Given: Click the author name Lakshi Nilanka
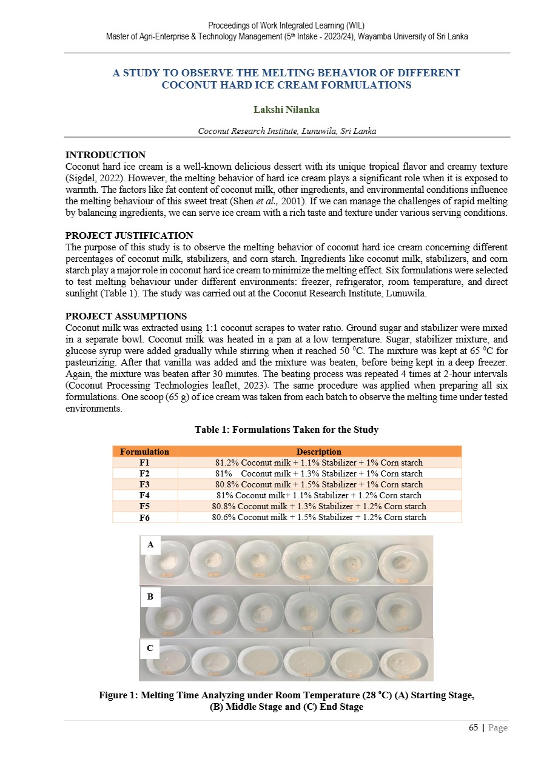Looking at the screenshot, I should [286, 110].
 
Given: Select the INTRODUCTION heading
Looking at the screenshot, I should [105, 155].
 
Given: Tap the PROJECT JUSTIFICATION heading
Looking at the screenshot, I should [129, 235].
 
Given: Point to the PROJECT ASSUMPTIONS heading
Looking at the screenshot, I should [126, 316].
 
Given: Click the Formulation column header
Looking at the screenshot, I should [144, 452].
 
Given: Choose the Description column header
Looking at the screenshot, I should [318, 452].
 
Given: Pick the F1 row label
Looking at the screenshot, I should [144, 463].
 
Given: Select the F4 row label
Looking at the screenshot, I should [144, 495].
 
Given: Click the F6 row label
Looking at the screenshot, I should [144, 517].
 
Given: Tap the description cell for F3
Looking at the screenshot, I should [318, 484].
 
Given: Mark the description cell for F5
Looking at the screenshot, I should [318, 506].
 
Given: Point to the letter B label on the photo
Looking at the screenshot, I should [150, 597].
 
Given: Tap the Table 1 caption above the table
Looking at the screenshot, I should [286, 430].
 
